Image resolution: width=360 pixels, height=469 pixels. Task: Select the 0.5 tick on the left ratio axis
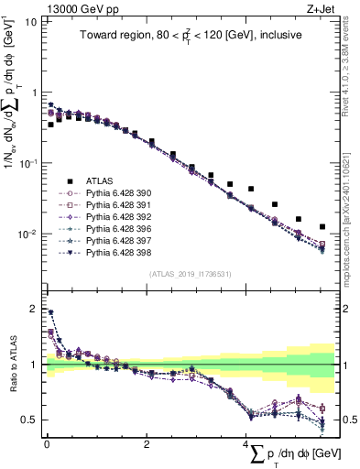tap(28, 420)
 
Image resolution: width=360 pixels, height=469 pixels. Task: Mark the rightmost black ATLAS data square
tap(322, 226)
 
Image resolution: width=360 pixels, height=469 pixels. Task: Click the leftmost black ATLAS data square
tap(50, 124)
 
